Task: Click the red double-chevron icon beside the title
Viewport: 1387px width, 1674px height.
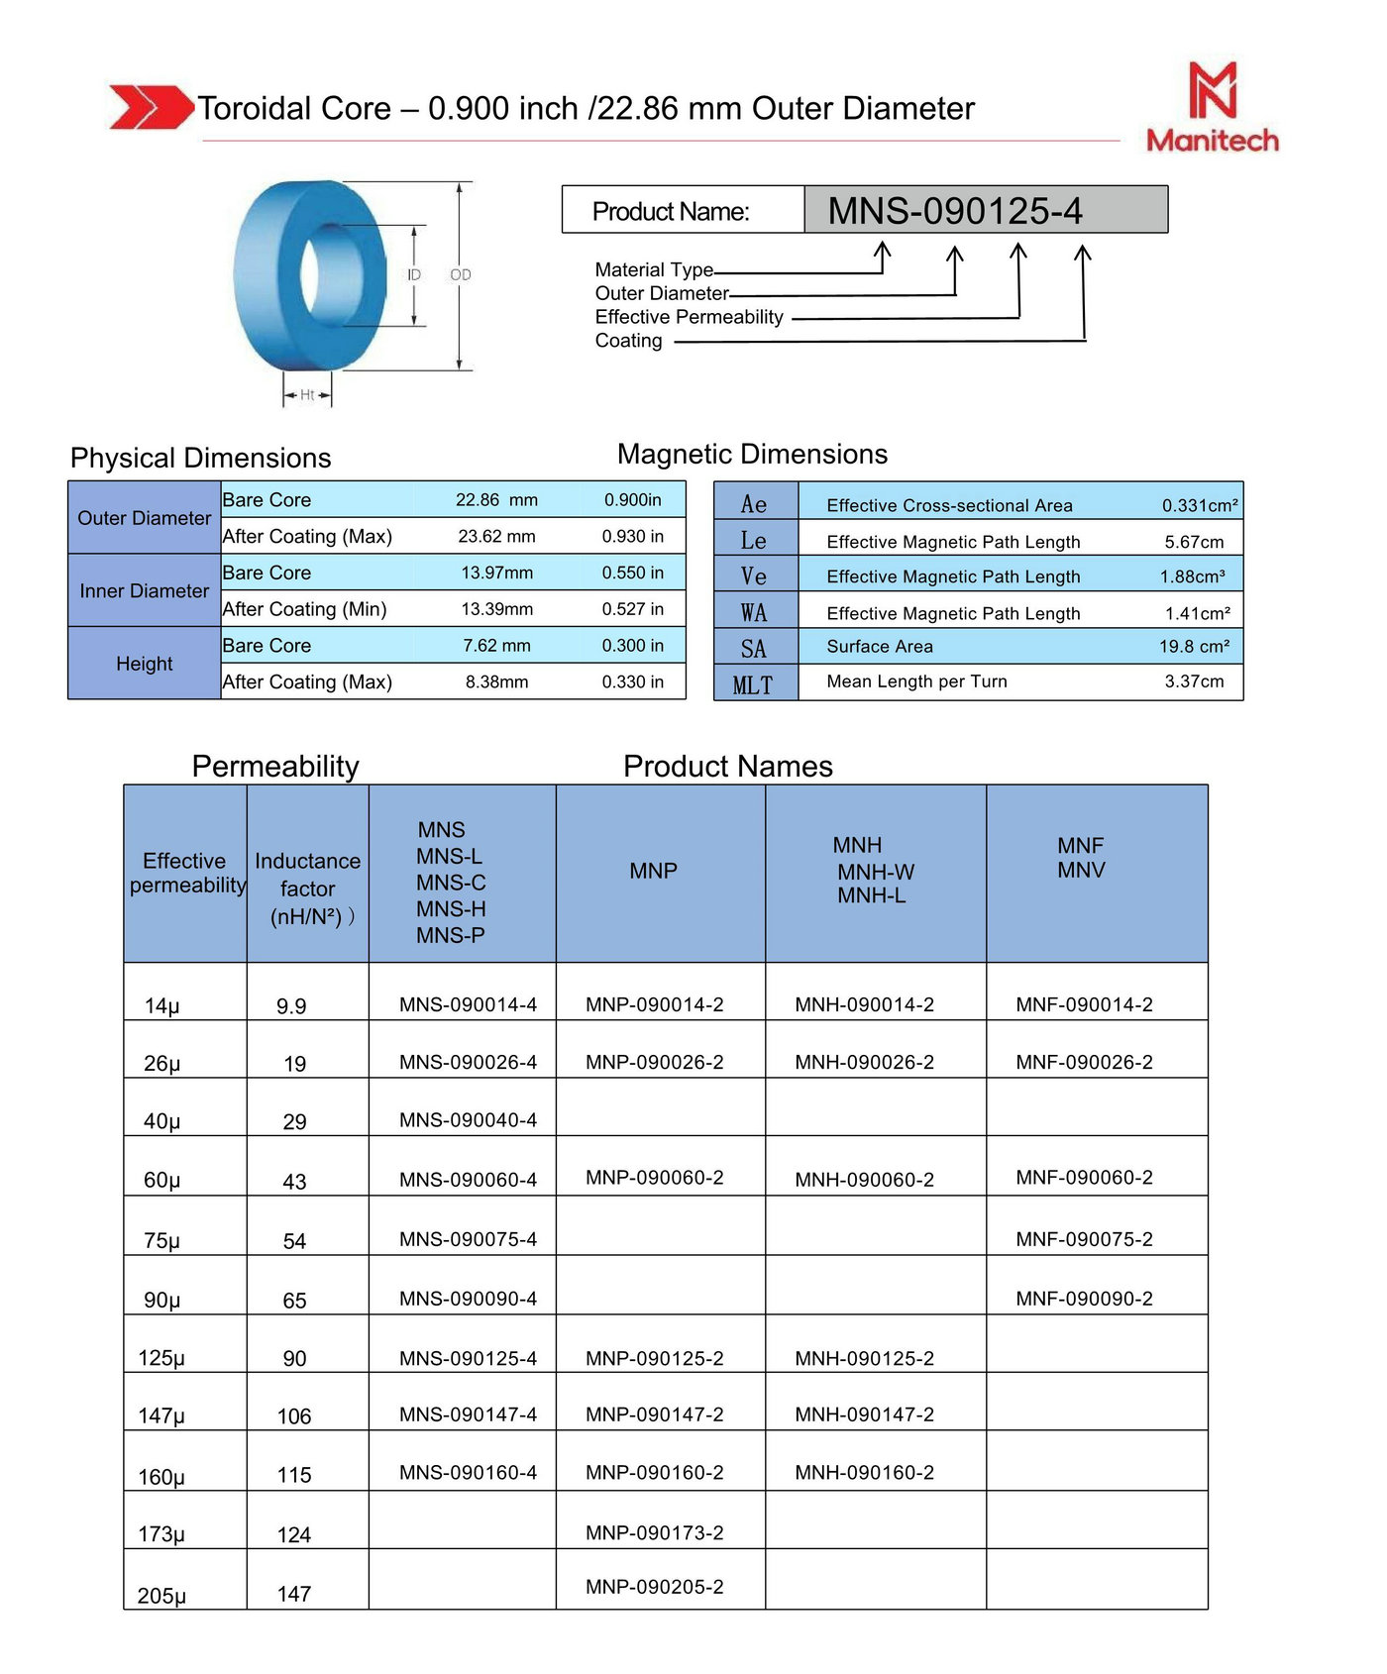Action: [151, 107]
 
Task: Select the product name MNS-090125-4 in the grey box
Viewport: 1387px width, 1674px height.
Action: [955, 211]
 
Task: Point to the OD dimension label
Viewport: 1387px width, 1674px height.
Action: [461, 275]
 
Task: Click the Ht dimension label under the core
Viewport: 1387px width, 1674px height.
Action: [307, 395]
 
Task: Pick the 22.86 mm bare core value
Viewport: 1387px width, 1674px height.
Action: [496, 500]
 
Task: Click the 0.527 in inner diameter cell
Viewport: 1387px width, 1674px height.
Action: [632, 609]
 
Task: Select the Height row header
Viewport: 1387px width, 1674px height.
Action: [145, 664]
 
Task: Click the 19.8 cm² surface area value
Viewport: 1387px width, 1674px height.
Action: [1194, 647]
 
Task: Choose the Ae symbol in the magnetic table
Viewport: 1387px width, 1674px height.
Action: [754, 505]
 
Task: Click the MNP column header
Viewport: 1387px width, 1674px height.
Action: [654, 871]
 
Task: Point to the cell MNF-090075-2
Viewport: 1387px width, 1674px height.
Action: [1084, 1239]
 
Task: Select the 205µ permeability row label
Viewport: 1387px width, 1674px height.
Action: [161, 1596]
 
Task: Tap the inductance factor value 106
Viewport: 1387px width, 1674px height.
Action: [294, 1416]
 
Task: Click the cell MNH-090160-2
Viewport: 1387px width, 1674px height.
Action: [864, 1473]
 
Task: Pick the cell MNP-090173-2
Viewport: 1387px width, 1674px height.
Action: [654, 1533]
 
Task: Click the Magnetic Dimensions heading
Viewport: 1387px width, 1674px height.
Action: [752, 454]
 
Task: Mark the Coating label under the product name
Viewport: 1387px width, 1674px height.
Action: [628, 341]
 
